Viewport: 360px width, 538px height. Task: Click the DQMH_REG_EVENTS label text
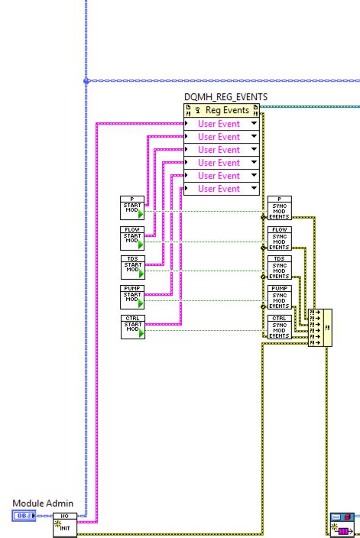pos(226,96)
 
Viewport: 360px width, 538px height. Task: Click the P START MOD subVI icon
pos(133,208)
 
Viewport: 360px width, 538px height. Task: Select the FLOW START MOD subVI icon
pos(133,238)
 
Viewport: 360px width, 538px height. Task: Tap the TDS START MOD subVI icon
pos(133,267)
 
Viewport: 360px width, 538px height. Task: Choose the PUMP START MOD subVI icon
pos(133,297)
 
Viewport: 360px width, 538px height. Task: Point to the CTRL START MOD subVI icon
pos(133,326)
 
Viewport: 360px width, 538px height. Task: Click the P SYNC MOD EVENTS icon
pos(279,208)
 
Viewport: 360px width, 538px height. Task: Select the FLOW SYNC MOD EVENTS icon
pos(279,238)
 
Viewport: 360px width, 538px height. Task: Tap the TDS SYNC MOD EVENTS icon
pos(279,267)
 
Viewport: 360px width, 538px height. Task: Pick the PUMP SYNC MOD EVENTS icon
pos(279,297)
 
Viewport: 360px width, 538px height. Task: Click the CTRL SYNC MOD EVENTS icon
pos(279,326)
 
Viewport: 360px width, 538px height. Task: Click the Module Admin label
pos(43,504)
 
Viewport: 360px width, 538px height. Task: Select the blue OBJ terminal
pos(23,517)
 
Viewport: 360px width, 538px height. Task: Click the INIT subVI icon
pos(65,525)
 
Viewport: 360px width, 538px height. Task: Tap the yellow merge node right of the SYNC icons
pos(319,327)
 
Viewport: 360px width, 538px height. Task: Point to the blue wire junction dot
pos(86,80)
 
